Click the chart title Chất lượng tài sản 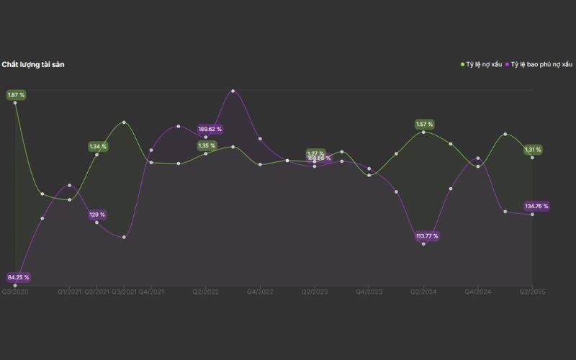(x=33, y=65)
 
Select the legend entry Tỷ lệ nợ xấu (x=483, y=65)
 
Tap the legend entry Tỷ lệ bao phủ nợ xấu (x=541, y=65)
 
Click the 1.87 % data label (x=16, y=95)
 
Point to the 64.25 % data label (x=19, y=277)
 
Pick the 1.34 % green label (x=98, y=147)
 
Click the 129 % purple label (x=97, y=215)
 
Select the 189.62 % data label (x=210, y=130)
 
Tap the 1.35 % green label (x=207, y=145)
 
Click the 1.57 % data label (x=425, y=125)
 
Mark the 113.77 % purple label (x=426, y=236)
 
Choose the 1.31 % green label (x=533, y=150)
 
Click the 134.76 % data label (x=536, y=207)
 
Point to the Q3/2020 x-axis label (x=15, y=292)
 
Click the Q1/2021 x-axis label (x=70, y=292)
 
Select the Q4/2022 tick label (x=260, y=292)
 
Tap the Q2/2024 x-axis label (x=423, y=292)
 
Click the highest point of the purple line (x=233, y=91)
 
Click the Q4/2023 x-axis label (x=369, y=292)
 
